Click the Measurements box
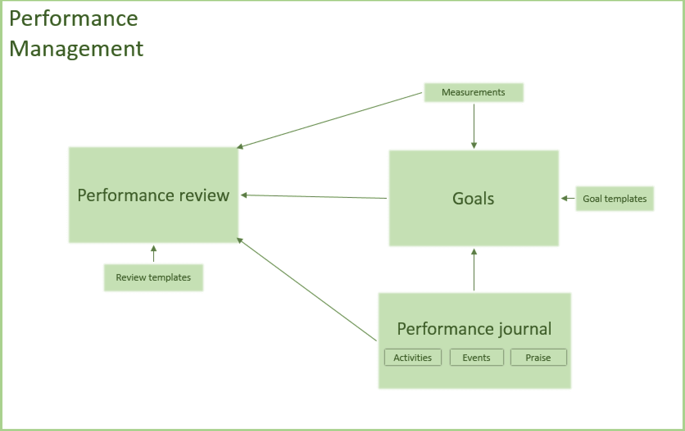(473, 93)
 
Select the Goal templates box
(615, 199)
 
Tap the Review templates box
(153, 278)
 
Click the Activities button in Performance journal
(413, 358)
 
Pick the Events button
(476, 358)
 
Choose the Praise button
(538, 358)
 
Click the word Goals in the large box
(473, 199)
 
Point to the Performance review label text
(153, 195)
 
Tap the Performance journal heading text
(474, 329)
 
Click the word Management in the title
(76, 49)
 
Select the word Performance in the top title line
(74, 18)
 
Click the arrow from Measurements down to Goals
(474, 125)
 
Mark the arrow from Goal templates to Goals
(568, 198)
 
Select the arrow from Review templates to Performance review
(154, 254)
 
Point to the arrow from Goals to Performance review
(314, 197)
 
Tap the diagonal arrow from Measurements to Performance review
(329, 120)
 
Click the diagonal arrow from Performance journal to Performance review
(307, 289)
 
